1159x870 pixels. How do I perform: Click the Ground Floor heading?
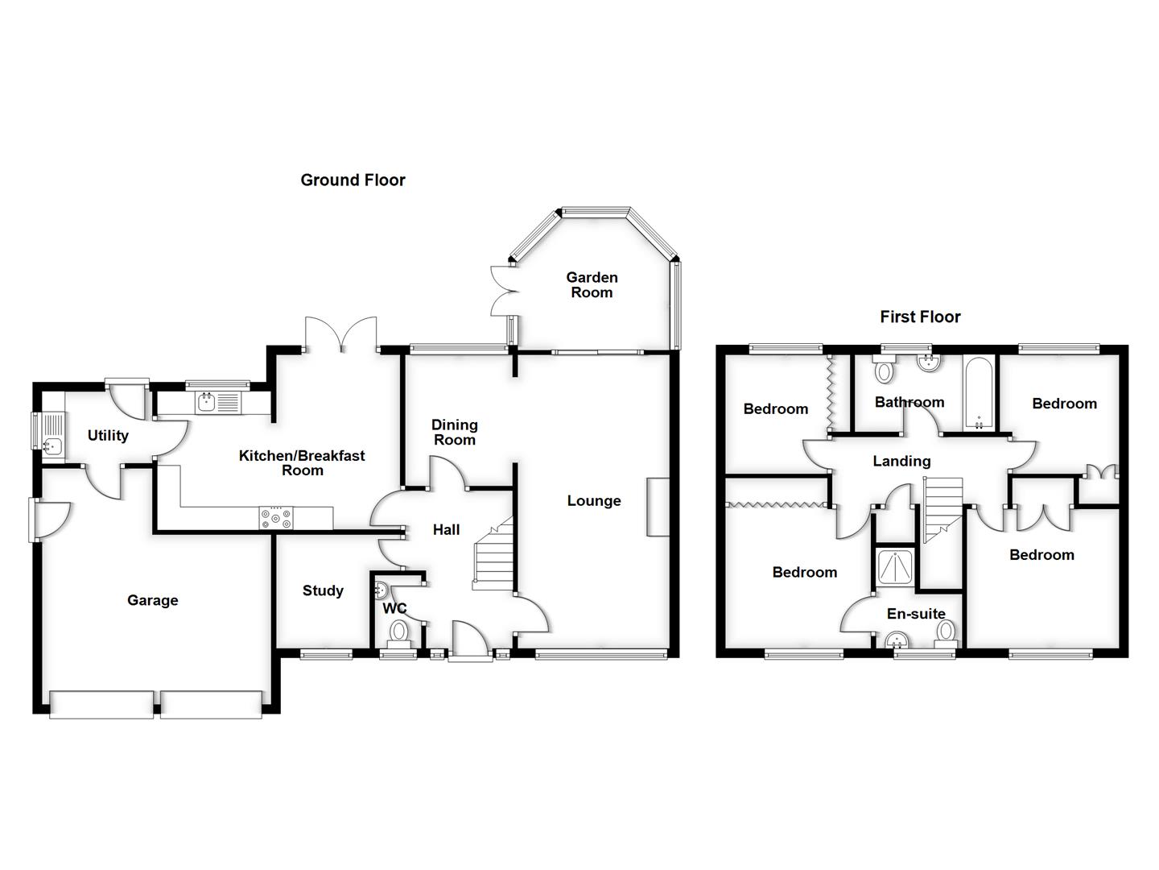coord(353,180)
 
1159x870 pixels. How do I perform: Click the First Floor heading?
coord(920,317)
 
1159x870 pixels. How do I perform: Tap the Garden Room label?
coord(592,284)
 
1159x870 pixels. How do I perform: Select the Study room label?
coord(323,590)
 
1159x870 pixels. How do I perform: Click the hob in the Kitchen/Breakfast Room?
coord(275,519)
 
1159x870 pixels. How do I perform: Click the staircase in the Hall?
coord(493,557)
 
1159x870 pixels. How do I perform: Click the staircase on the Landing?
coord(942,507)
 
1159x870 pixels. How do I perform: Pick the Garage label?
coord(152,600)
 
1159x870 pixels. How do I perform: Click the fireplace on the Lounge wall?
coord(658,507)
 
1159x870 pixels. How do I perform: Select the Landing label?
coord(901,461)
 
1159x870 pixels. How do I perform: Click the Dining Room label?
coord(454,432)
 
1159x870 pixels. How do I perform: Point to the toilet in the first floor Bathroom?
coord(885,371)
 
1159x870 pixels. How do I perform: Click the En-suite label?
coord(916,614)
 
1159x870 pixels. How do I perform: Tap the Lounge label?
coord(594,500)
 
